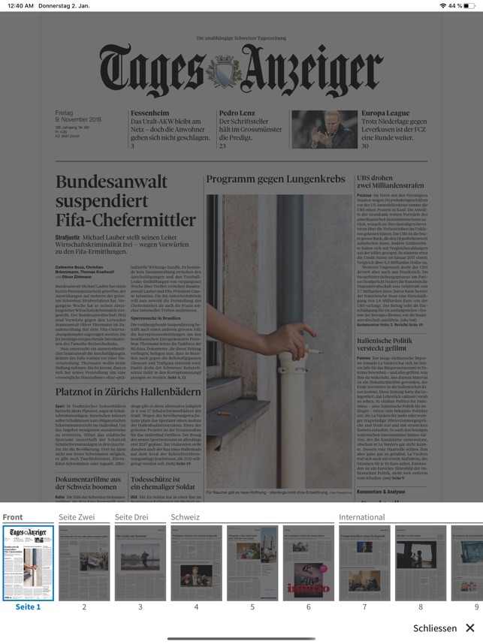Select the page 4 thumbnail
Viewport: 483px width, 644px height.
[196, 562]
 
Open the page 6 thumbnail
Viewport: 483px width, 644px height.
[308, 562]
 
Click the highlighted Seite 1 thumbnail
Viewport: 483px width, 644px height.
[29, 562]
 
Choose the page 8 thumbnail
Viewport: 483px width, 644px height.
[421, 562]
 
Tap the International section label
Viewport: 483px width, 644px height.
[361, 517]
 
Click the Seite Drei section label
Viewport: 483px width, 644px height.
[131, 517]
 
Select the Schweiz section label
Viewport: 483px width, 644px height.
[185, 517]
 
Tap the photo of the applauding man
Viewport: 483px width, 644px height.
[325, 130]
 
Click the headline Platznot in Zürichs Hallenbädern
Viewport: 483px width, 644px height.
[128, 392]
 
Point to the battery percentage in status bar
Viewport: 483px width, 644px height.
[455, 6]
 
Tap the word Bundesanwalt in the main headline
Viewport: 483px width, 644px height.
[111, 182]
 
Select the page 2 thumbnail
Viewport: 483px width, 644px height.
[84, 562]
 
